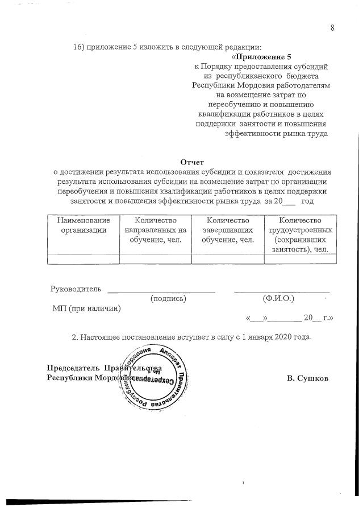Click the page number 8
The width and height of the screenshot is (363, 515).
(332, 29)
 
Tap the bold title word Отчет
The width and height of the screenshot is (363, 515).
(191, 162)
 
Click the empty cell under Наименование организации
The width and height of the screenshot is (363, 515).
(83, 259)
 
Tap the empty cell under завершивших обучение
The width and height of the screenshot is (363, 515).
(227, 259)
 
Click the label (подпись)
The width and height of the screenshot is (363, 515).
(168, 298)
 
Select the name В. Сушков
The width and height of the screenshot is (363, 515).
(308, 378)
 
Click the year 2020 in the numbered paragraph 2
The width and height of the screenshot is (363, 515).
(285, 337)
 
